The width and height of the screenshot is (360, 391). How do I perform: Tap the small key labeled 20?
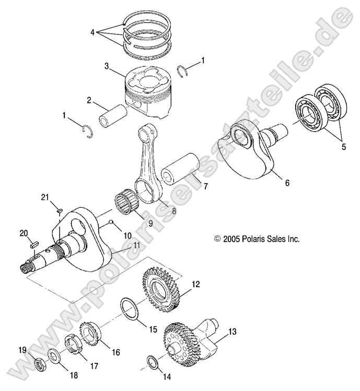[35, 242]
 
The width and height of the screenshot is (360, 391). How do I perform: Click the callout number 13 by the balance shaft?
[232, 330]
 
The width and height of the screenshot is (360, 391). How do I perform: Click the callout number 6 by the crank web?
[287, 183]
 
